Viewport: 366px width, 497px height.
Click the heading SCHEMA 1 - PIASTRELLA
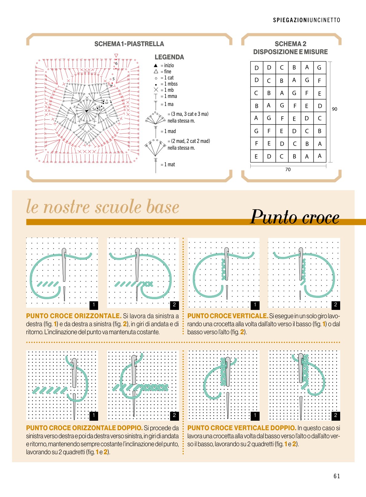pyautogui.click(x=129, y=44)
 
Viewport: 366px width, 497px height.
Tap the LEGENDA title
pyautogui.click(x=169, y=57)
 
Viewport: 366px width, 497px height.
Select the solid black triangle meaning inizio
pyautogui.click(x=156, y=66)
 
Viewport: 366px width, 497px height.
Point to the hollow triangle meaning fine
pyautogui.click(x=156, y=71)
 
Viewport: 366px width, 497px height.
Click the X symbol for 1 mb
pyautogui.click(x=156, y=90)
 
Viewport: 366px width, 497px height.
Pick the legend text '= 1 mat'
pyautogui.click(x=168, y=164)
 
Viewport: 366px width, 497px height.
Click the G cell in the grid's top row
pyautogui.click(x=320, y=68)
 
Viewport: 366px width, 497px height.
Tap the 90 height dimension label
pyautogui.click(x=335, y=109)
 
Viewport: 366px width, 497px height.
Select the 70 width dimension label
pyautogui.click(x=288, y=170)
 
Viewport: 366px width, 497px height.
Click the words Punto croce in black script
pyautogui.click(x=295, y=217)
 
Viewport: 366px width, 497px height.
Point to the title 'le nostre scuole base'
pyautogui.click(x=103, y=206)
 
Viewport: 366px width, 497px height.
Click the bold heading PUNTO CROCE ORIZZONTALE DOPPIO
pyautogui.click(x=85, y=428)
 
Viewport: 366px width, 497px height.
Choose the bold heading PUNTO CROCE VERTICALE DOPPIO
pyautogui.click(x=242, y=428)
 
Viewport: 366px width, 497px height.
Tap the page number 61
pyautogui.click(x=337, y=476)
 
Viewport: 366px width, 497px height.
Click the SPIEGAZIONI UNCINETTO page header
pyautogui.click(x=307, y=20)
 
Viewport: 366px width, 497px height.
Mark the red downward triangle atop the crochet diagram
pyautogui.click(x=116, y=55)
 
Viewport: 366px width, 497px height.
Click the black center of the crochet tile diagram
pyautogui.click(x=87, y=111)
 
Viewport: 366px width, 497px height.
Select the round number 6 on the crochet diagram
pyautogui.click(x=116, y=64)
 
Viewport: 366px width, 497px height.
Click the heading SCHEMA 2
pyautogui.click(x=290, y=44)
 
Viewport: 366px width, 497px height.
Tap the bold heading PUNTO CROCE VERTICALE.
pyautogui.click(x=228, y=316)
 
